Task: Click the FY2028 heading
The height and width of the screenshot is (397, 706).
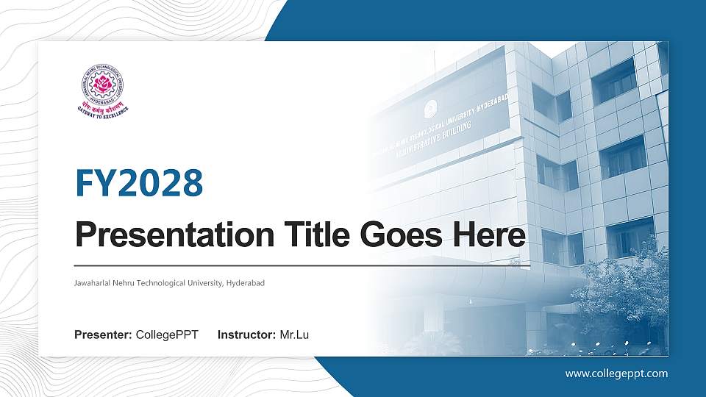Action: [139, 183]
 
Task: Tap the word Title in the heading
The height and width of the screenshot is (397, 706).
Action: [311, 235]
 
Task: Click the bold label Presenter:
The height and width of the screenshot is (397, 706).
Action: [103, 335]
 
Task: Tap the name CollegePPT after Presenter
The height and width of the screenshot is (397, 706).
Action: [167, 335]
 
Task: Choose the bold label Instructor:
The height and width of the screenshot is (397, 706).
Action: [247, 335]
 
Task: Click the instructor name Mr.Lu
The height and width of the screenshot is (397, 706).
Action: [294, 335]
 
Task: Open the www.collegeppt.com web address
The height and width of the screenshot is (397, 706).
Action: [616, 373]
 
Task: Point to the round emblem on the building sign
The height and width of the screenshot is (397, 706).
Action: [429, 110]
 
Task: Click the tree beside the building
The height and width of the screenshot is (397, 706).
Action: [625, 294]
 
